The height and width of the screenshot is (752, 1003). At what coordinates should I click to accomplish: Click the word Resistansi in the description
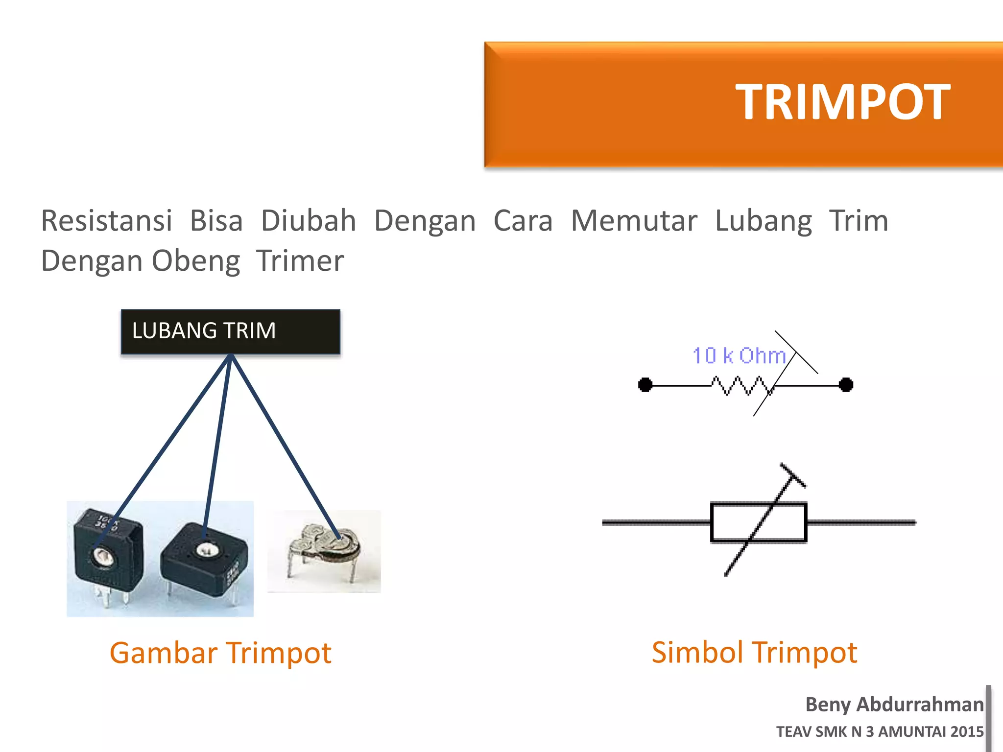click(107, 221)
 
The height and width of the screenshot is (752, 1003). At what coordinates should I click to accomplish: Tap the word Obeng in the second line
click(196, 261)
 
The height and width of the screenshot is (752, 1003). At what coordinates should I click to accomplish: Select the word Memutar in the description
click(634, 221)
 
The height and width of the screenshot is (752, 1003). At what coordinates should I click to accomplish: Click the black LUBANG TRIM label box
click(231, 331)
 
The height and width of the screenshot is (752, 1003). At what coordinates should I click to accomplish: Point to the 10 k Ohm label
click(739, 356)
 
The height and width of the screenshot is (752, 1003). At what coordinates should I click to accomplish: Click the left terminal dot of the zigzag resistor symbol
click(645, 385)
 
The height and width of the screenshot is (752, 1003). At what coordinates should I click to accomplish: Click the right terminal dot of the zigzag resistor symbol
click(846, 385)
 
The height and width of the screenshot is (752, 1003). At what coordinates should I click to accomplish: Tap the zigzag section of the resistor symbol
click(742, 385)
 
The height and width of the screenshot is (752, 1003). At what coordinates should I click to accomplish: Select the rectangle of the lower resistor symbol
click(758, 522)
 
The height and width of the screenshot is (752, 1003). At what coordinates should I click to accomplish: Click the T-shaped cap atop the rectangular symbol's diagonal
click(793, 475)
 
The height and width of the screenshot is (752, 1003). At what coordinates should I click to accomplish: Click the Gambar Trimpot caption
click(220, 653)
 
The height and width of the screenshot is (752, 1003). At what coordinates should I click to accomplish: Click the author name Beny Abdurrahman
click(894, 705)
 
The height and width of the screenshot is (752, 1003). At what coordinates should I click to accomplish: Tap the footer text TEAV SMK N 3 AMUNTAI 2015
click(880, 731)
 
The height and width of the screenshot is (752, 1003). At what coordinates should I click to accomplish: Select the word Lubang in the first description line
click(763, 221)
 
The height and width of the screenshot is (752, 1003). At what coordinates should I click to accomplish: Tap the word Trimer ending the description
click(300, 261)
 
